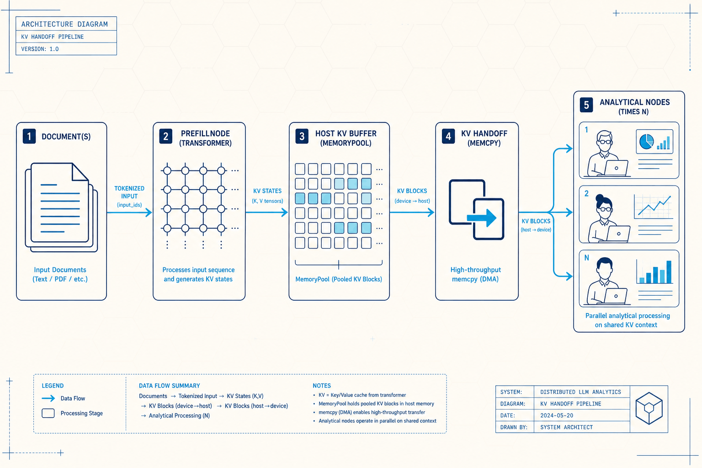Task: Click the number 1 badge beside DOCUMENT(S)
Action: click(x=29, y=136)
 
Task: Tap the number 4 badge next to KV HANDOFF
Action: click(x=448, y=136)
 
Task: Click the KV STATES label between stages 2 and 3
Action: click(x=267, y=191)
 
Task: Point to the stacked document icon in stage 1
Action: click(x=61, y=207)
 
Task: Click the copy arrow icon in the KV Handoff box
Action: click(x=477, y=210)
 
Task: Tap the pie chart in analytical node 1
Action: click(x=646, y=142)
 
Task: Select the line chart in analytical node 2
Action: click(x=654, y=207)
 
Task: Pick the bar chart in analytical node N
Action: click(x=654, y=271)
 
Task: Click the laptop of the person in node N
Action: click(x=615, y=296)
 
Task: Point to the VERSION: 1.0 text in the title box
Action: click(x=40, y=49)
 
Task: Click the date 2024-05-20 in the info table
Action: click(x=557, y=415)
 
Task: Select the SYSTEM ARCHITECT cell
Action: click(x=566, y=427)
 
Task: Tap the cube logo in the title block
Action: click(x=649, y=409)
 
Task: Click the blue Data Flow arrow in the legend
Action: click(x=48, y=399)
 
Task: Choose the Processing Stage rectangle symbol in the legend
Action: click(x=48, y=413)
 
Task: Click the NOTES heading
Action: click(x=322, y=386)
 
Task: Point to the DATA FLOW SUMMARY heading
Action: click(x=169, y=386)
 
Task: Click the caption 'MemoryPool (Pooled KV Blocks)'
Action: click(x=339, y=279)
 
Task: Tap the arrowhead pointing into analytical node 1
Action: click(x=569, y=148)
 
